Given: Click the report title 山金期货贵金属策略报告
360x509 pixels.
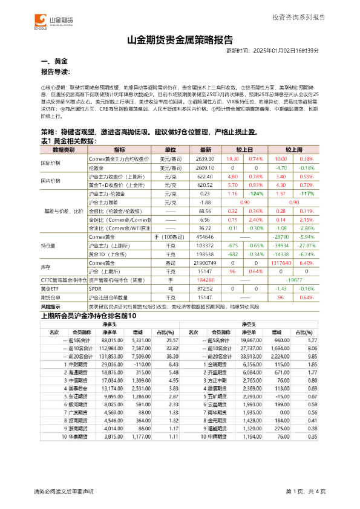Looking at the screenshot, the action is tap(180, 41).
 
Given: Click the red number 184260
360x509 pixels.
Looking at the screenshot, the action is tap(206, 281).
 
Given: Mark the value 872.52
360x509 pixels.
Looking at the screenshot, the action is tap(206, 290).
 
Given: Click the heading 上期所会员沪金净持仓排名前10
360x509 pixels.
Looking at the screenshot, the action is tap(88, 316).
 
